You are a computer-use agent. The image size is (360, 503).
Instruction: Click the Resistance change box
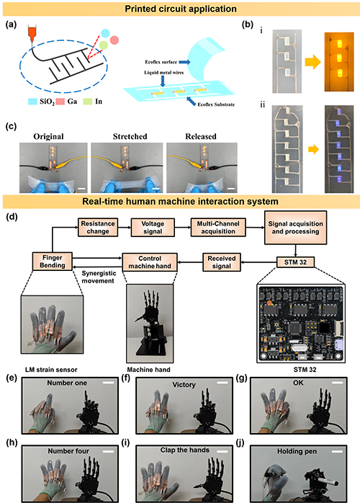[x=97, y=228]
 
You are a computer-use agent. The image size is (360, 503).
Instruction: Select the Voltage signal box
[x=153, y=228]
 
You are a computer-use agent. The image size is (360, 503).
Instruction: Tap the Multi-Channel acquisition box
[x=218, y=228]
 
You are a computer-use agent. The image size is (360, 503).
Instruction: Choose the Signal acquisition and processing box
[x=295, y=228]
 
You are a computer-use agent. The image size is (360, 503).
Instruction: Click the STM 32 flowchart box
[x=295, y=262]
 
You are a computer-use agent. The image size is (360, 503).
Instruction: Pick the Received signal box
[x=222, y=262]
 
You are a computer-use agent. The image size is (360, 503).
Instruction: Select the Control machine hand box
[x=150, y=262]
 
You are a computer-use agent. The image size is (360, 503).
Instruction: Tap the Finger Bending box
[x=53, y=261]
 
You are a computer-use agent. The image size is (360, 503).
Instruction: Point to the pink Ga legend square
[x=60, y=102]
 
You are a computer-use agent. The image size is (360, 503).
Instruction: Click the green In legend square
[x=88, y=102]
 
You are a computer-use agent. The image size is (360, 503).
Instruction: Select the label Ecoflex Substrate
[x=216, y=104]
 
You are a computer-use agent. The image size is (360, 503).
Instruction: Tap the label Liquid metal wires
[x=163, y=73]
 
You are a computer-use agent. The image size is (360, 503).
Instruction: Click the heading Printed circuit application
[x=181, y=9]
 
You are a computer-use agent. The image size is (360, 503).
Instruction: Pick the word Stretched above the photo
[x=130, y=136]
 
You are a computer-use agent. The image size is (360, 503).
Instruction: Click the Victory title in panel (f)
[x=184, y=384]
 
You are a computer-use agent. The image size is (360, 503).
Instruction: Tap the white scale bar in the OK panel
[x=337, y=383]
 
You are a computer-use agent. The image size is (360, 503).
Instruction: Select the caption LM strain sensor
[x=51, y=370]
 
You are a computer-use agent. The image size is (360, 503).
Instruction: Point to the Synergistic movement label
[x=98, y=277]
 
